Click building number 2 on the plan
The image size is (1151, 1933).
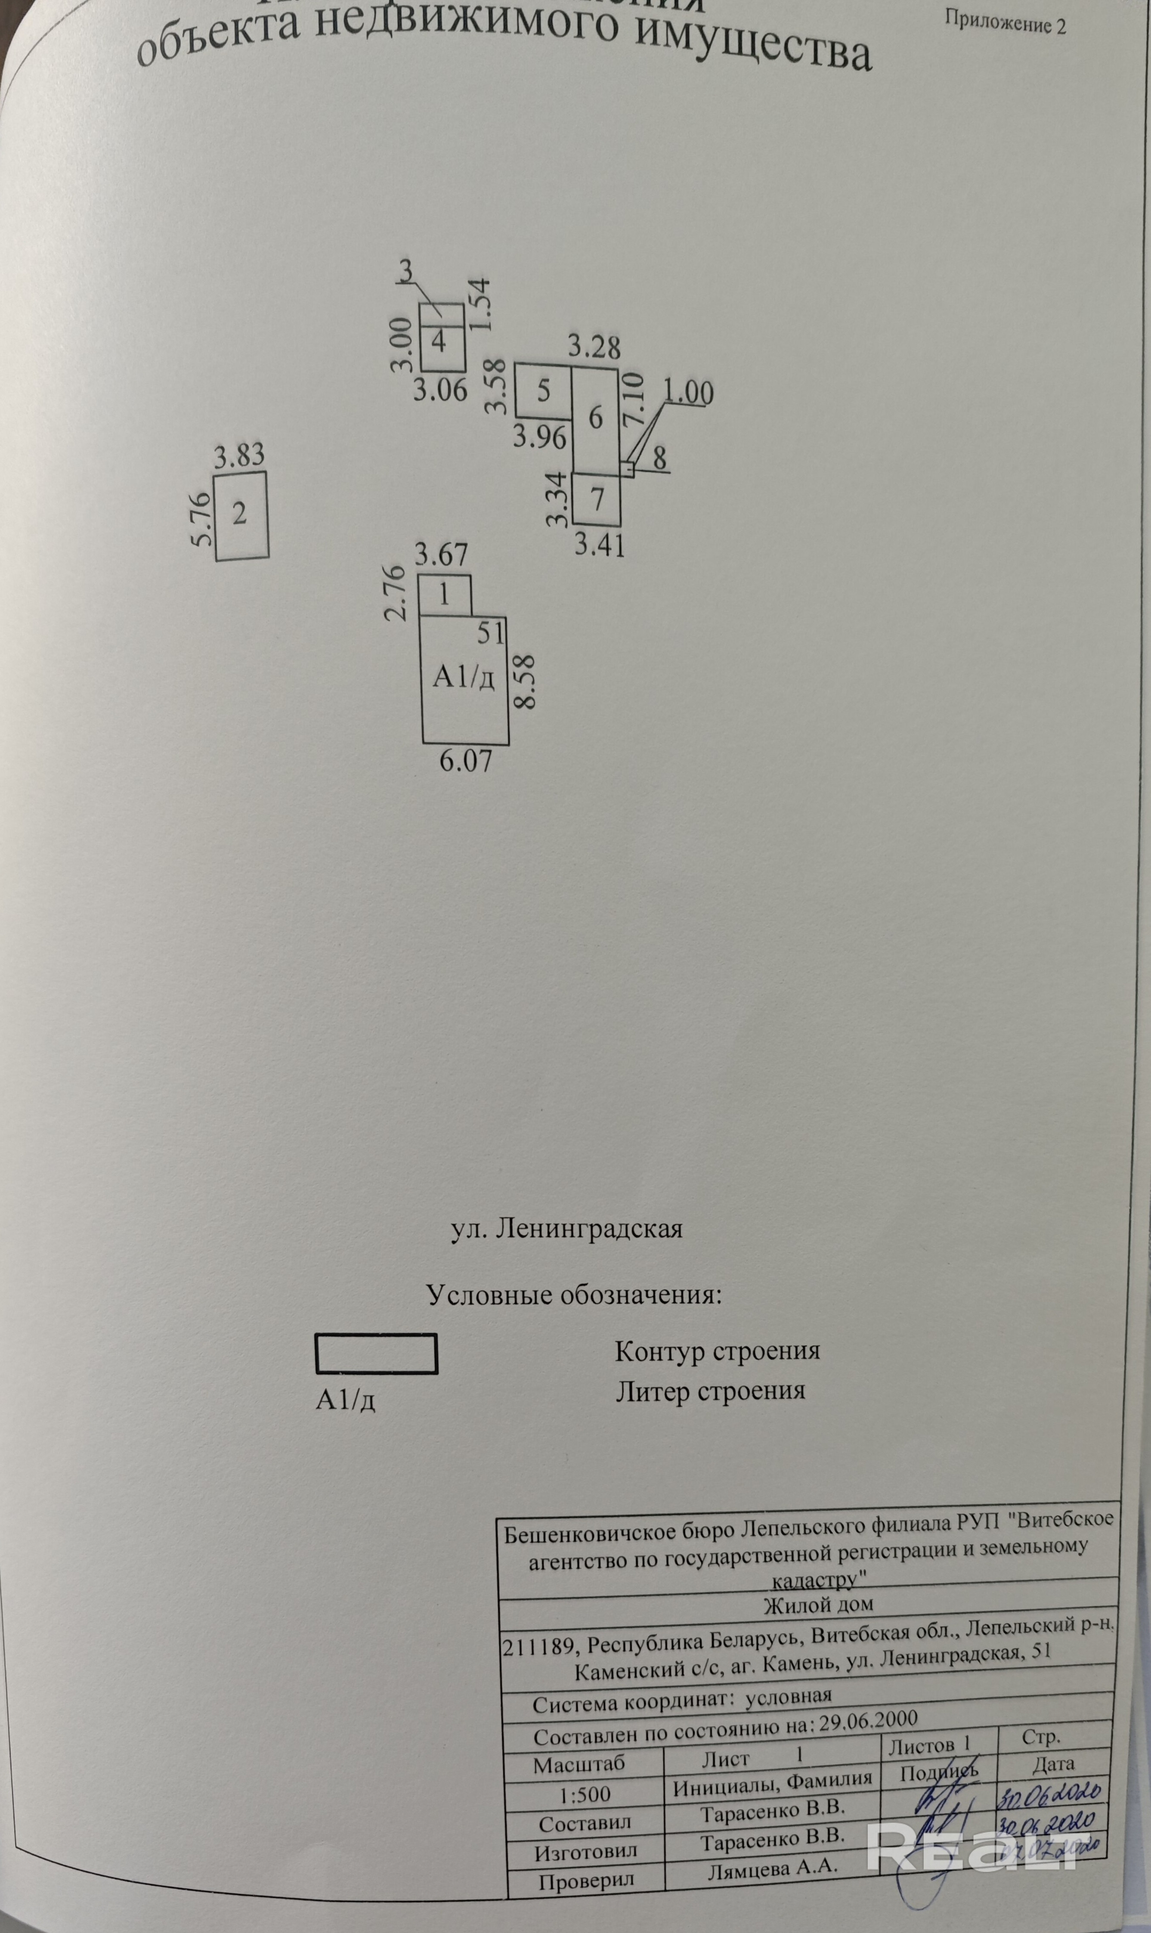[241, 514]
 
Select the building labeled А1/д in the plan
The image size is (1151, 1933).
[464, 677]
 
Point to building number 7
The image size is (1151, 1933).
[597, 499]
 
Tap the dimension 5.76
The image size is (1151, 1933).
[203, 518]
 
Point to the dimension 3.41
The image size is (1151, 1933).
[600, 546]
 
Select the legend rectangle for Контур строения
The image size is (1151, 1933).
[376, 1354]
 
